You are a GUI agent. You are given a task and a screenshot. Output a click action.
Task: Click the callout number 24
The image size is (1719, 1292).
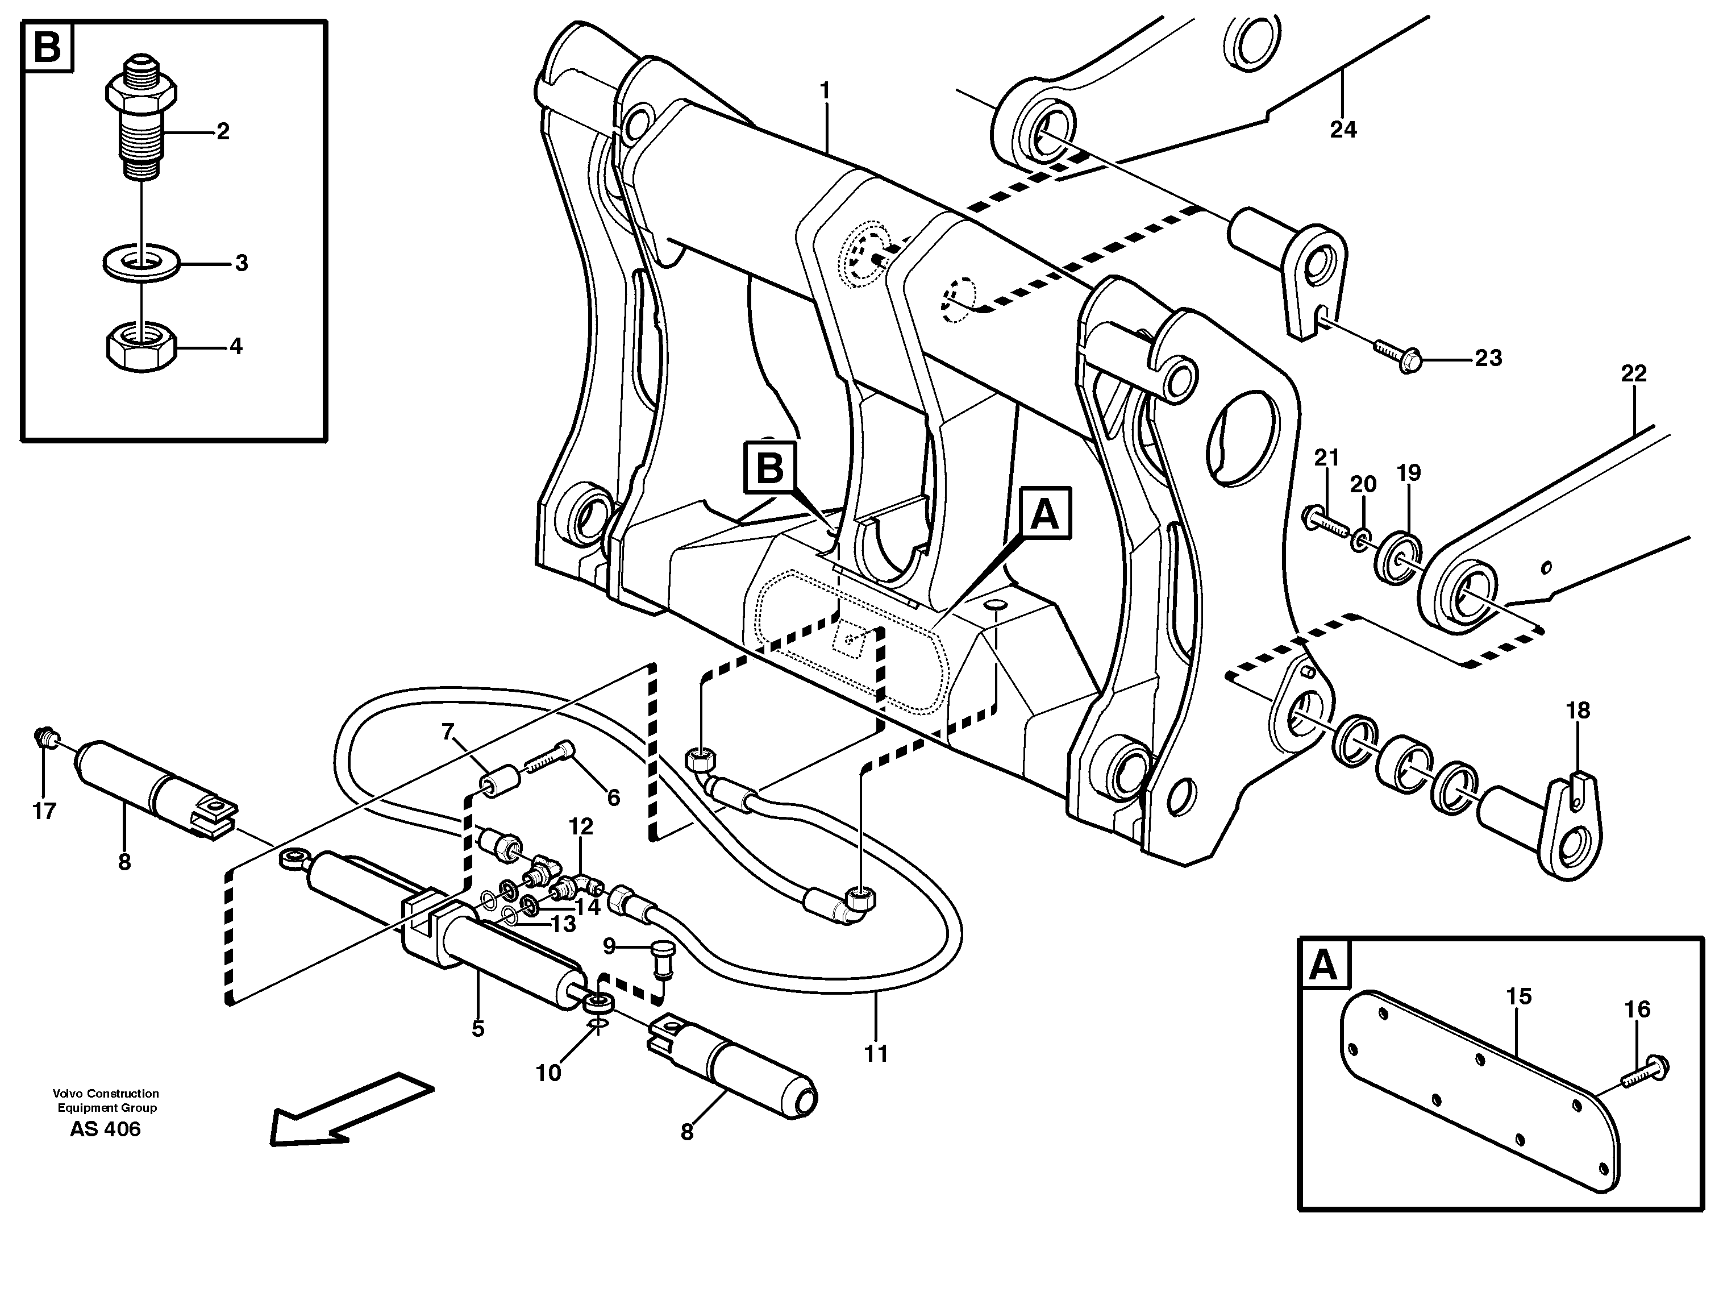coord(1343,129)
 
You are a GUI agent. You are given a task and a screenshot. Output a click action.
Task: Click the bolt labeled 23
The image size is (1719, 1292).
coord(1399,356)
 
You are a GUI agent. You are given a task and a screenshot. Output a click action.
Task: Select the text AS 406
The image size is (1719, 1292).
coord(105,1129)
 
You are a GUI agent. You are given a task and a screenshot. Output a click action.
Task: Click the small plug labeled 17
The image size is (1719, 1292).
coord(45,734)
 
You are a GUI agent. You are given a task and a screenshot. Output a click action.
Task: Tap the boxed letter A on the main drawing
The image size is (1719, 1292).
coord(1044,514)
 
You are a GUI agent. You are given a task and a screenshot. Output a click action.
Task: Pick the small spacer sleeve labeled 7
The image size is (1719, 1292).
coord(497,780)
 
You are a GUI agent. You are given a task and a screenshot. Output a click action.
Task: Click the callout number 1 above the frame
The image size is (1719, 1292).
coord(825,92)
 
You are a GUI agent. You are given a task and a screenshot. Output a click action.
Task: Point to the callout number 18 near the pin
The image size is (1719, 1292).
coord(1578,710)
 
